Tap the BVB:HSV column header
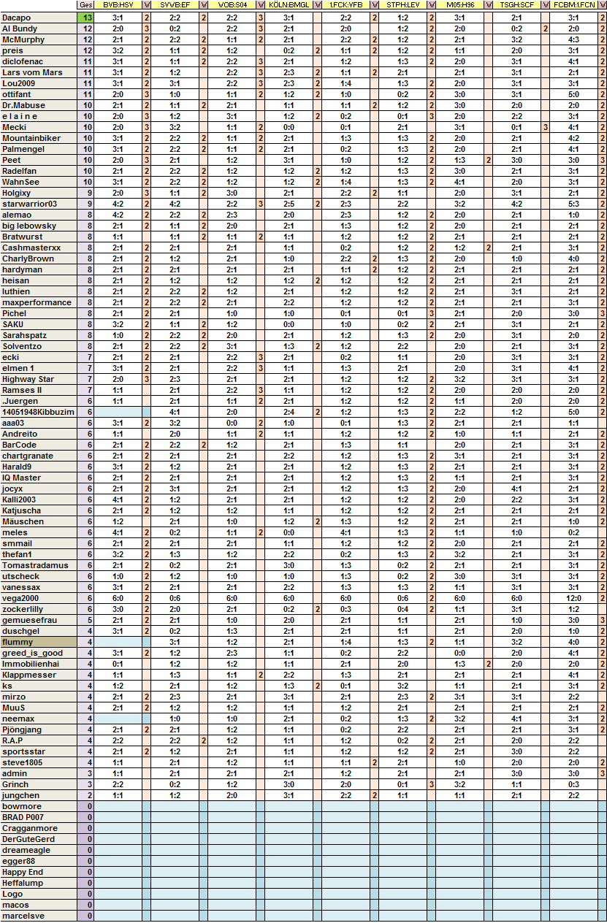click(118, 6)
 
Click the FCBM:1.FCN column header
click(573, 6)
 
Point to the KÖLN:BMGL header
click(289, 6)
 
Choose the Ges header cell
click(85, 6)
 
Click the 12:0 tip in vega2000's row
click(573, 598)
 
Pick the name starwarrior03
click(29, 204)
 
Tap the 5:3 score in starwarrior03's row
click(573, 204)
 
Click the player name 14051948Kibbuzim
click(38, 412)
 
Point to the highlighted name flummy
click(18, 642)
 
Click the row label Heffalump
click(23, 883)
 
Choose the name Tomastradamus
click(35, 565)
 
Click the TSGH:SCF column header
click(516, 6)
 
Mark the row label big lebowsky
click(29, 226)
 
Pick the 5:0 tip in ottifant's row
click(573, 94)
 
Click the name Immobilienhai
click(31, 664)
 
